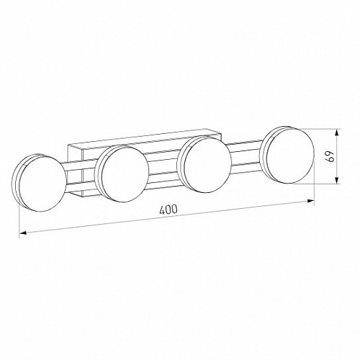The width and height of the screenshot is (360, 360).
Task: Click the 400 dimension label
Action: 168,210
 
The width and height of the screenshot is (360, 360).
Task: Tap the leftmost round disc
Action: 39,183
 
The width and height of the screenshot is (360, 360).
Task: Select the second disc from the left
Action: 122,174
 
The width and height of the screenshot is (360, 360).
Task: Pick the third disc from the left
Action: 204,164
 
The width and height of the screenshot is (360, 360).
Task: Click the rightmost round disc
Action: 287,155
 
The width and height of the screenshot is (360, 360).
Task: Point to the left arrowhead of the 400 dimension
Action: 22,233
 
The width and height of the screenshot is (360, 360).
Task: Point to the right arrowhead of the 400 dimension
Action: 311,201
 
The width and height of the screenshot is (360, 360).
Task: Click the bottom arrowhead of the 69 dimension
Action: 337,180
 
